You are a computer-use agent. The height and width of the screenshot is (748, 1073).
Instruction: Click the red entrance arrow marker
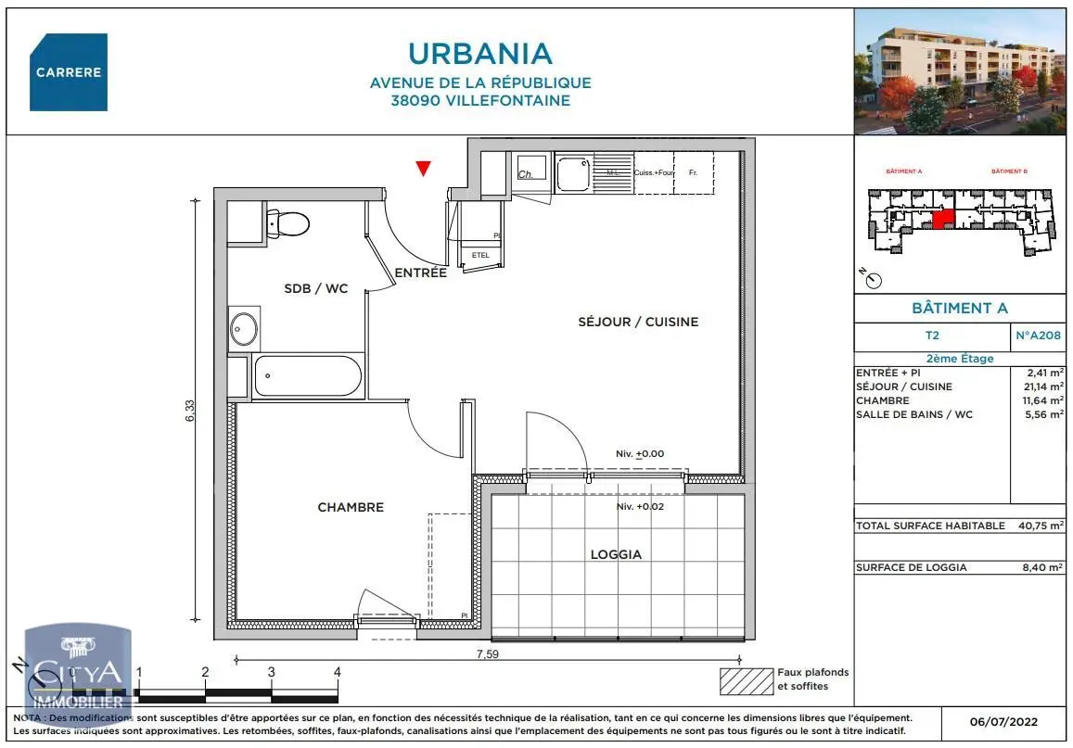click(x=423, y=168)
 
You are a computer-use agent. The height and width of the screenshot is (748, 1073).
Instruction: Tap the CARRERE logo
click(x=69, y=72)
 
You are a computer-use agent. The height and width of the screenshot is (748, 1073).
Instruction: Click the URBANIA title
click(x=479, y=53)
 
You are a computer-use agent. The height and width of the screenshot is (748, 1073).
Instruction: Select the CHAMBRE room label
click(x=351, y=507)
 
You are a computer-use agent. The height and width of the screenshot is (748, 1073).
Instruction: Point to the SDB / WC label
click(x=315, y=288)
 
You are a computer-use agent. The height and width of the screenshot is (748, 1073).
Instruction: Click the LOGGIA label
click(x=616, y=554)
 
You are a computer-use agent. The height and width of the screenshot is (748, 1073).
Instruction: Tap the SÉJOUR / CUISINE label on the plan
click(x=638, y=322)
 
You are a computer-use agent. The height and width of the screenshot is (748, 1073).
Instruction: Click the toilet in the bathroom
click(x=287, y=223)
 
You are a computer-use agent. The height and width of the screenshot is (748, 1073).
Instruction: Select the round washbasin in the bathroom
click(x=245, y=329)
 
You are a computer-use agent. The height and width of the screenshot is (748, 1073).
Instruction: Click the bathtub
click(x=307, y=376)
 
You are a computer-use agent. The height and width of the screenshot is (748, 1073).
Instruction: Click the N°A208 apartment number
click(x=1038, y=336)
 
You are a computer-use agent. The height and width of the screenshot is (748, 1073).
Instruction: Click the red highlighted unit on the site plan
click(x=942, y=219)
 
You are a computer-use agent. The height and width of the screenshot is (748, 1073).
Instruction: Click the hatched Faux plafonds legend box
click(x=747, y=681)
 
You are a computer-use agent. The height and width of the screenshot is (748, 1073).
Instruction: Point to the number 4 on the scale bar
click(x=338, y=672)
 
